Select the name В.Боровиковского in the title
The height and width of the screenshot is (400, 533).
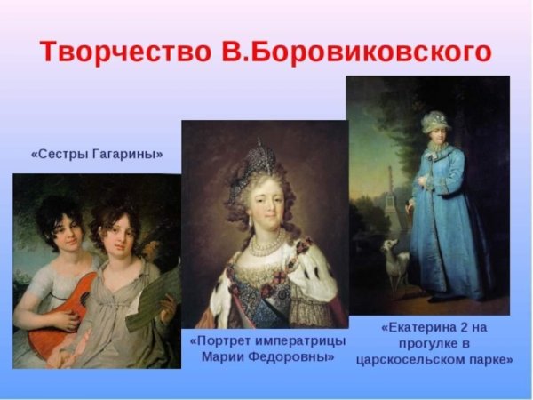pyautogui.click(x=355, y=51)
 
